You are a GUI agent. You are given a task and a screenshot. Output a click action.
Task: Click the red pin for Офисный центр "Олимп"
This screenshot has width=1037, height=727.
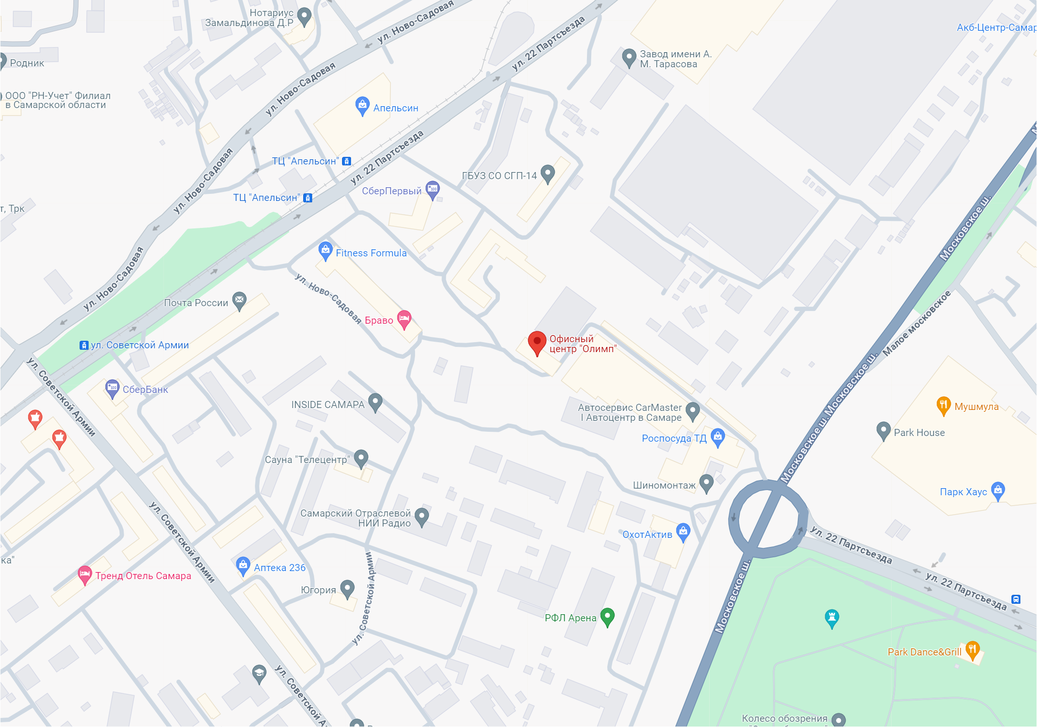point(537,341)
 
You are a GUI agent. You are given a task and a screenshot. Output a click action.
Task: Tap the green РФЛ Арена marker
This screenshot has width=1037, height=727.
point(607,616)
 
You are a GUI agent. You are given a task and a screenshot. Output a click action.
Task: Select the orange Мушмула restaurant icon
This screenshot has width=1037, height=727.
point(943,405)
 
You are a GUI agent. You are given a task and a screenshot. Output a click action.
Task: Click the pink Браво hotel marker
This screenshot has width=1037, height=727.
point(404,318)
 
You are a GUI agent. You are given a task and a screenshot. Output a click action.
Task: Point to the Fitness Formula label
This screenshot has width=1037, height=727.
point(371,253)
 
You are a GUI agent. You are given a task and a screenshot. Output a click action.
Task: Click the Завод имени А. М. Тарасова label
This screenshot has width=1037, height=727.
point(675,59)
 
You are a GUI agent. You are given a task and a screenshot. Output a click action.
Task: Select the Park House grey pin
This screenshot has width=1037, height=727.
point(883,430)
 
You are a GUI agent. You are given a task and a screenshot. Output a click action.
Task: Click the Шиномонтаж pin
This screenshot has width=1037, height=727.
point(706,483)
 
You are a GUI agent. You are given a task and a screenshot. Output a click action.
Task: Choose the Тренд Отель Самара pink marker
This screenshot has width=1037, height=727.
point(85,574)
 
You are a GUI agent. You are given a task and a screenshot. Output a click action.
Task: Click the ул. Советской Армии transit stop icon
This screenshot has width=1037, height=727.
point(84,345)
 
